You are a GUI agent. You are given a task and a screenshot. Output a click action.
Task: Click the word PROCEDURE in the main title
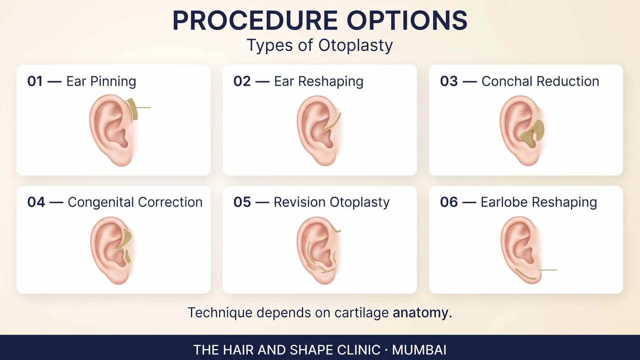click(256, 20)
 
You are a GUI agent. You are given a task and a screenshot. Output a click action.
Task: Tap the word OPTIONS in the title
click(407, 20)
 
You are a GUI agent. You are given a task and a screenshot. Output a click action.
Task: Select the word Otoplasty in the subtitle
click(356, 46)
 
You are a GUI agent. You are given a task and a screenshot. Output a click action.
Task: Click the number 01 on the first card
click(35, 81)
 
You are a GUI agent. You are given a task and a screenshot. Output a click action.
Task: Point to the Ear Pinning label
click(101, 81)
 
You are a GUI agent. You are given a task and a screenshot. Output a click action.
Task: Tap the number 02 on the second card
click(242, 81)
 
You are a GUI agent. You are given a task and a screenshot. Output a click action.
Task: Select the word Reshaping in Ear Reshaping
click(331, 82)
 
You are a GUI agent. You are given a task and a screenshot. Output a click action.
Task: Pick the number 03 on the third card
click(449, 81)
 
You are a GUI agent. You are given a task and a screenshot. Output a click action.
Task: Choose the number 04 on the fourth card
click(36, 202)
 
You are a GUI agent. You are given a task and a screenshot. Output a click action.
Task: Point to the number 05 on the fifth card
click(242, 202)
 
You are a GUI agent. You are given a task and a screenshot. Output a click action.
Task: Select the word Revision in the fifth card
click(299, 202)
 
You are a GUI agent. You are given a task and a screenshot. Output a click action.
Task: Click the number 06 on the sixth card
click(449, 202)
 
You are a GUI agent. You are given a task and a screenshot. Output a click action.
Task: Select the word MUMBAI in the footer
click(419, 350)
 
